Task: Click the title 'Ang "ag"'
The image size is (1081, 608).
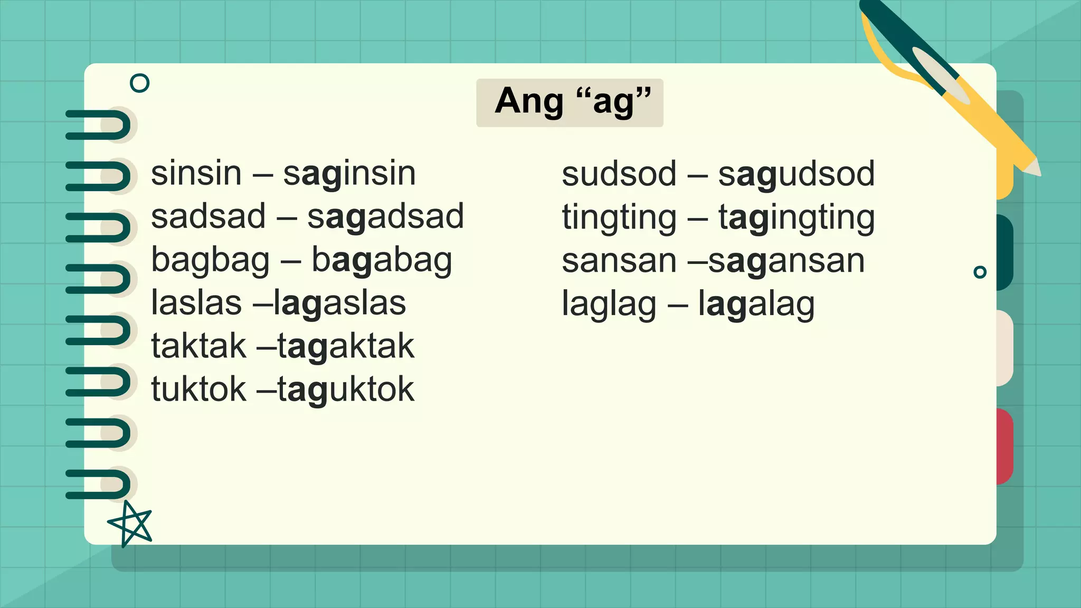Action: coord(570,102)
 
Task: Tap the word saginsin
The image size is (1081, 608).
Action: coord(349,174)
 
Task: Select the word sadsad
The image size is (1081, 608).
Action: coord(208,217)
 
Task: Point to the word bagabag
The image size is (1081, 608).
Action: coord(382,261)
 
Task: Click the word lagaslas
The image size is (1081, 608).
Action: coord(340,303)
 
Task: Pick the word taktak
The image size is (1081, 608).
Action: coord(198,347)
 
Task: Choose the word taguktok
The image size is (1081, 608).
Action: coord(346,390)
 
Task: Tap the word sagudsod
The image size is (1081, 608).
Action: coord(796,174)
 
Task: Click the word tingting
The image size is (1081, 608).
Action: coord(619,218)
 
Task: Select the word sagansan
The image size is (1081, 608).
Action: coord(786,261)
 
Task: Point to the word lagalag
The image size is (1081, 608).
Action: coord(756,305)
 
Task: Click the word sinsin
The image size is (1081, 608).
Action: coord(196,174)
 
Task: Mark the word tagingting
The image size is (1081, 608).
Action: coord(796,218)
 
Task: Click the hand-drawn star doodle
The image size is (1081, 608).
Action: coord(130,524)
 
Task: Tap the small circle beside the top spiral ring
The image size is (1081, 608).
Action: coord(139,83)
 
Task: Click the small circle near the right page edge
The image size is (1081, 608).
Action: coord(980,272)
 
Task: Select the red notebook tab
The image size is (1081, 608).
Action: coord(1004,446)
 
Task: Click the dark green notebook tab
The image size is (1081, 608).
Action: coord(1004,252)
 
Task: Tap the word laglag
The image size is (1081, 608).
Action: coord(609,305)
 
